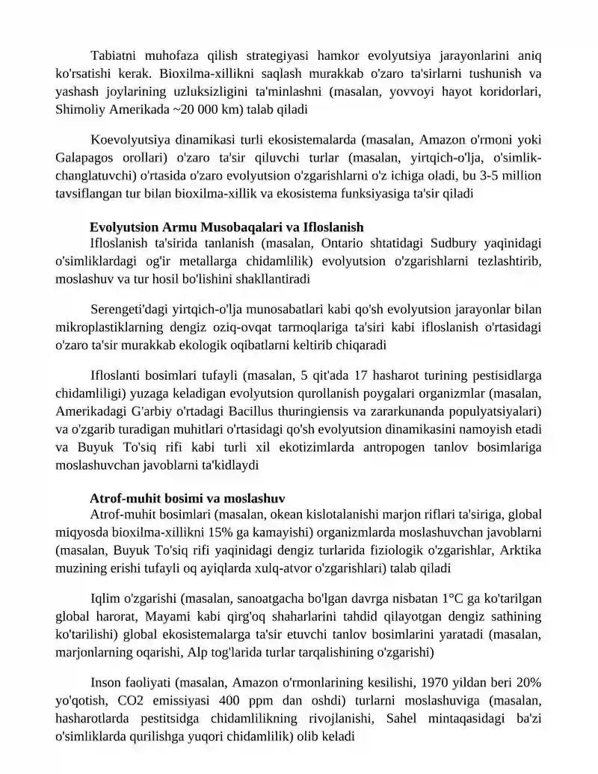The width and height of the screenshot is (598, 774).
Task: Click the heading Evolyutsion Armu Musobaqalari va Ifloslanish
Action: [226, 227]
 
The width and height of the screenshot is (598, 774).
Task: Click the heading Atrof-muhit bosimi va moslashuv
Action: [187, 498]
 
